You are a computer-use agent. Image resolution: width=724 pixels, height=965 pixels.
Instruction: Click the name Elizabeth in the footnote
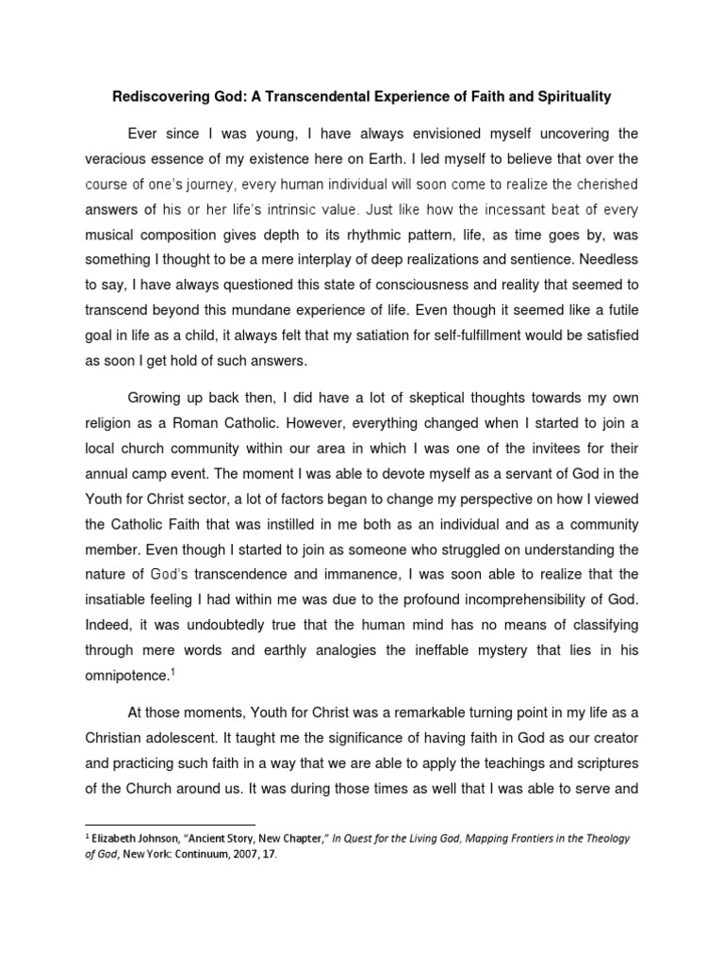point(119,838)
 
